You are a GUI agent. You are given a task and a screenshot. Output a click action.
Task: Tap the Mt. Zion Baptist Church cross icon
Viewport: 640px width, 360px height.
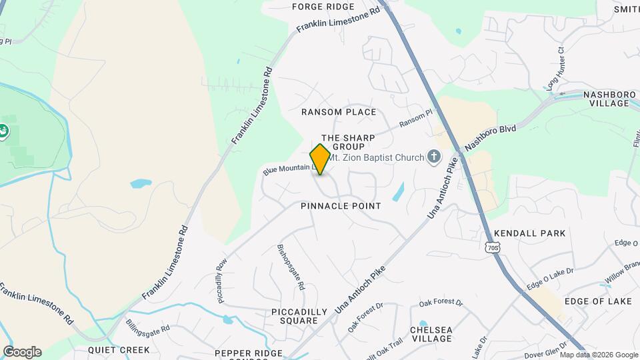pyautogui.click(x=433, y=157)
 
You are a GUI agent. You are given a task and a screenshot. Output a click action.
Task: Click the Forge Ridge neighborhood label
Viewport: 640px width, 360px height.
pyautogui.click(x=323, y=7)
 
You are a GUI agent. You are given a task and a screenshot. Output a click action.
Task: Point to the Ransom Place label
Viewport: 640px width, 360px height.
pyautogui.click(x=339, y=112)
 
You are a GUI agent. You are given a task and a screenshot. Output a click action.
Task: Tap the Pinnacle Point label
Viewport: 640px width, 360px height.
pyautogui.click(x=341, y=206)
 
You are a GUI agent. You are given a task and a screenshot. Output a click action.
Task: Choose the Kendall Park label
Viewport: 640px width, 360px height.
pyautogui.click(x=530, y=233)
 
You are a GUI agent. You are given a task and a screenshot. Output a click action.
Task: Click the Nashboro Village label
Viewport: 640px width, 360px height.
pyautogui.click(x=609, y=99)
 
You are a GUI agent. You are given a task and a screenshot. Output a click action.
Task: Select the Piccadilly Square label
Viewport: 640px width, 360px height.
pyautogui.click(x=299, y=316)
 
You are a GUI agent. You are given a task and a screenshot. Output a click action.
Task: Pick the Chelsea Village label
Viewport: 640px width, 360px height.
pyautogui.click(x=431, y=334)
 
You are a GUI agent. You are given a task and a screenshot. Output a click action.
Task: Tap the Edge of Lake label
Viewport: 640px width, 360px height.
pyautogui.click(x=598, y=301)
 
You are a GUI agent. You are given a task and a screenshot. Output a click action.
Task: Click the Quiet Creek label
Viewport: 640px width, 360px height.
pyautogui.click(x=119, y=349)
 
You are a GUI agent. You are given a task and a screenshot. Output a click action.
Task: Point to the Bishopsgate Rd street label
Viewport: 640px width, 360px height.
pyautogui.click(x=291, y=267)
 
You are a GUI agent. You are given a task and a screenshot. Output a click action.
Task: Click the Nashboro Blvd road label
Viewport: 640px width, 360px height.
pyautogui.click(x=491, y=137)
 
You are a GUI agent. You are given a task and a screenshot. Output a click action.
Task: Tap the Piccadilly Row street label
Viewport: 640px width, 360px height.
pyautogui.click(x=222, y=281)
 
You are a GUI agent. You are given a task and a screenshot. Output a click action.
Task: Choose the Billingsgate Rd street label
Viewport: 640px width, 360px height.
pyautogui.click(x=147, y=327)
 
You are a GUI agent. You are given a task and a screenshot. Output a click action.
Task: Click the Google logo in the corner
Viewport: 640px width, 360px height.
pyautogui.click(x=22, y=352)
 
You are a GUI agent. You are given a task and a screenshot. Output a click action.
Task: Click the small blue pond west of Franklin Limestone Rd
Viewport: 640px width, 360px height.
pyautogui.click(x=141, y=183)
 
